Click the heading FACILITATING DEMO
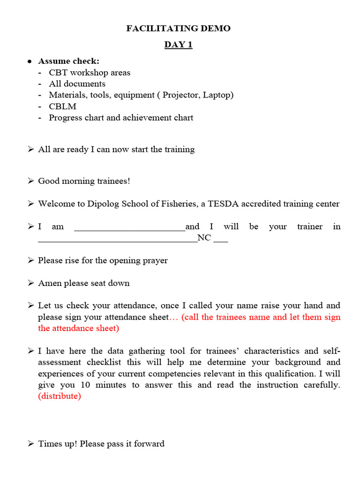178,29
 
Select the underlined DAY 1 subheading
178,45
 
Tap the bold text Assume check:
68,61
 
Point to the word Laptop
217,95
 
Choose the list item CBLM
62,106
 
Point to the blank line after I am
130,229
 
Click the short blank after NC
220,240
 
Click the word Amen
50,283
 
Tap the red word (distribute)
60,396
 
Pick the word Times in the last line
49,443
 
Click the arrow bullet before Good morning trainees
30,181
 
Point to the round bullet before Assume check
30,62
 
